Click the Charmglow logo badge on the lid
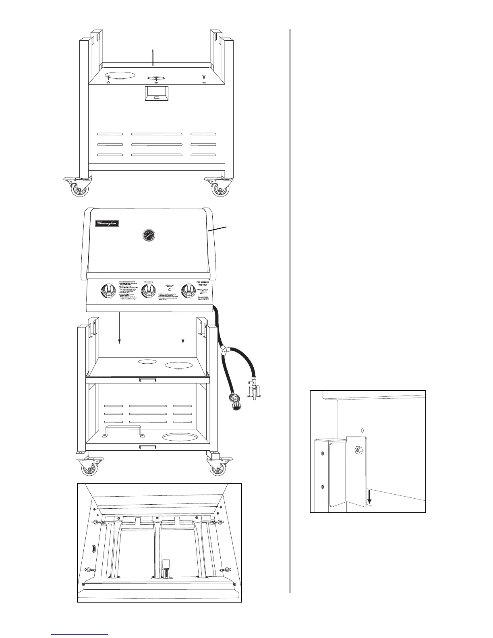coord(107,223)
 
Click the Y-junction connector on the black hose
coord(224,352)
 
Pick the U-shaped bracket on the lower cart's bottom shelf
coord(123,431)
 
